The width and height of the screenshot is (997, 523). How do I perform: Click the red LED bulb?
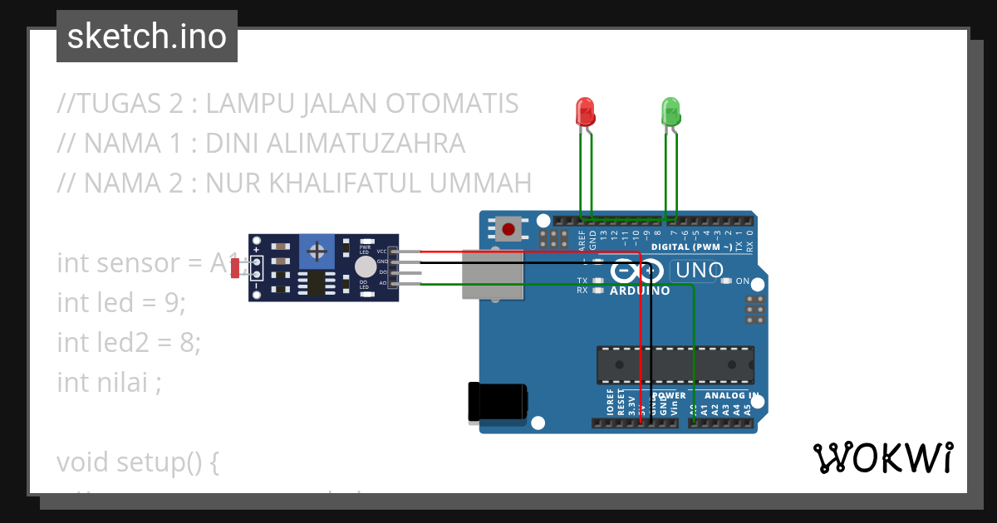click(x=586, y=110)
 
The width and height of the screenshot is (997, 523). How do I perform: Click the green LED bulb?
click(x=670, y=110)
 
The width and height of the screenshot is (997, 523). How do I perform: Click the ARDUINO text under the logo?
click(x=640, y=291)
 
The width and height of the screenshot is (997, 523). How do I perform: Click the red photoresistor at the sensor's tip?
click(x=235, y=267)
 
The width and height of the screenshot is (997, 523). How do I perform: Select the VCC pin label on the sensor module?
click(x=381, y=251)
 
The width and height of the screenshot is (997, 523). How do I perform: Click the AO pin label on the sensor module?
click(x=383, y=283)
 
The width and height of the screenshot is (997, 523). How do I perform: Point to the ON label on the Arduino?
click(x=742, y=281)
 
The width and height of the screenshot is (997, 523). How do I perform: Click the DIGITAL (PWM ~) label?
click(x=691, y=247)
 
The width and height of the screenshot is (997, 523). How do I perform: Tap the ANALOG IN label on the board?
click(x=731, y=396)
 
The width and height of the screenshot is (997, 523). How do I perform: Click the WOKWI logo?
click(x=882, y=457)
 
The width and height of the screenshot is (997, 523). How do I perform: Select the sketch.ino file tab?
click(x=147, y=37)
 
